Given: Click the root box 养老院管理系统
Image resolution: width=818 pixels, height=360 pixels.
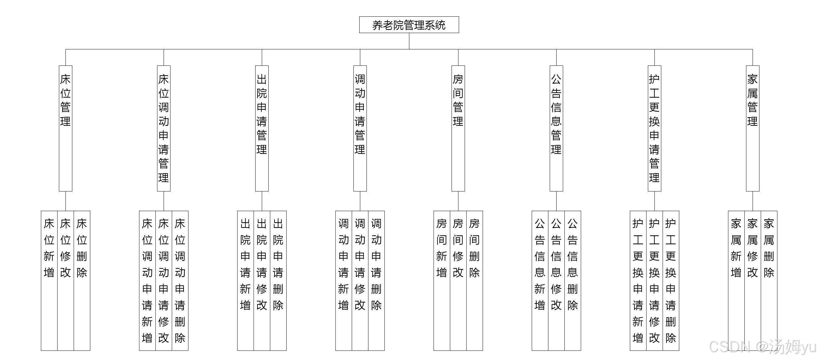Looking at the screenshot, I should [409, 25].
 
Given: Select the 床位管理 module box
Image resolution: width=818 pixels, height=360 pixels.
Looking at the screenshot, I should [65, 128].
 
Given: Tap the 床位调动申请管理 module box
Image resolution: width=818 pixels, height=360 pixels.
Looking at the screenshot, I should [164, 128].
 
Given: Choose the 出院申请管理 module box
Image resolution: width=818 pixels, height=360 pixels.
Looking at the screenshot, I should [262, 128].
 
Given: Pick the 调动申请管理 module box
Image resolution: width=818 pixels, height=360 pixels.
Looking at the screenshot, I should [360, 128].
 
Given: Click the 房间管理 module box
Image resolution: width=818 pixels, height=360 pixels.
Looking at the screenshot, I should [458, 128].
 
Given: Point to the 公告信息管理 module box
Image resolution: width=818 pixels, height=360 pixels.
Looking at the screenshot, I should [556, 128].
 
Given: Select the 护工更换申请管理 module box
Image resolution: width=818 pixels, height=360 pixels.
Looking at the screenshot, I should [654, 128].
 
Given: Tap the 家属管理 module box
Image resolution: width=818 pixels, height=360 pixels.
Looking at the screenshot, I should [753, 128].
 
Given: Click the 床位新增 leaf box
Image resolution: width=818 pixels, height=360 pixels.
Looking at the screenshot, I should [49, 280].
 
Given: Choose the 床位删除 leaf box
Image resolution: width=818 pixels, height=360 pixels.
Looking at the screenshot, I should [82, 280].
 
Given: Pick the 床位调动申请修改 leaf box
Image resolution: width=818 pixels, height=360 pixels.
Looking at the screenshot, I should [164, 280].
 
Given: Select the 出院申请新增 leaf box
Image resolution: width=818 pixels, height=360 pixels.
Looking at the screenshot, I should [245, 280].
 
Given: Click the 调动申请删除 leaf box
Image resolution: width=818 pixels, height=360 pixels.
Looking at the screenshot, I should [376, 280].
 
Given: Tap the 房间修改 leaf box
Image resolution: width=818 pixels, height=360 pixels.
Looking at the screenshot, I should [458, 280].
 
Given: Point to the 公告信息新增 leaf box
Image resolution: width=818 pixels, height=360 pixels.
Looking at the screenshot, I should [540, 280].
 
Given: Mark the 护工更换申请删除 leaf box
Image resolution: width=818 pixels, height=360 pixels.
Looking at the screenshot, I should [671, 280].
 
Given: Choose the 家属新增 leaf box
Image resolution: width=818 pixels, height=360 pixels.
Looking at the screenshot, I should [736, 280].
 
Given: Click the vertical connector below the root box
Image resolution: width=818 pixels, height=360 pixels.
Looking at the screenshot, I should [409, 41].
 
